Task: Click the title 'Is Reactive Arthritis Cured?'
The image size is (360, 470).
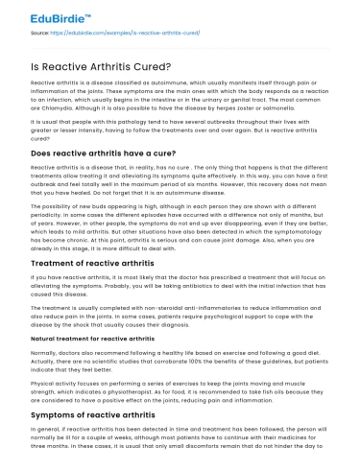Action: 180,63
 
